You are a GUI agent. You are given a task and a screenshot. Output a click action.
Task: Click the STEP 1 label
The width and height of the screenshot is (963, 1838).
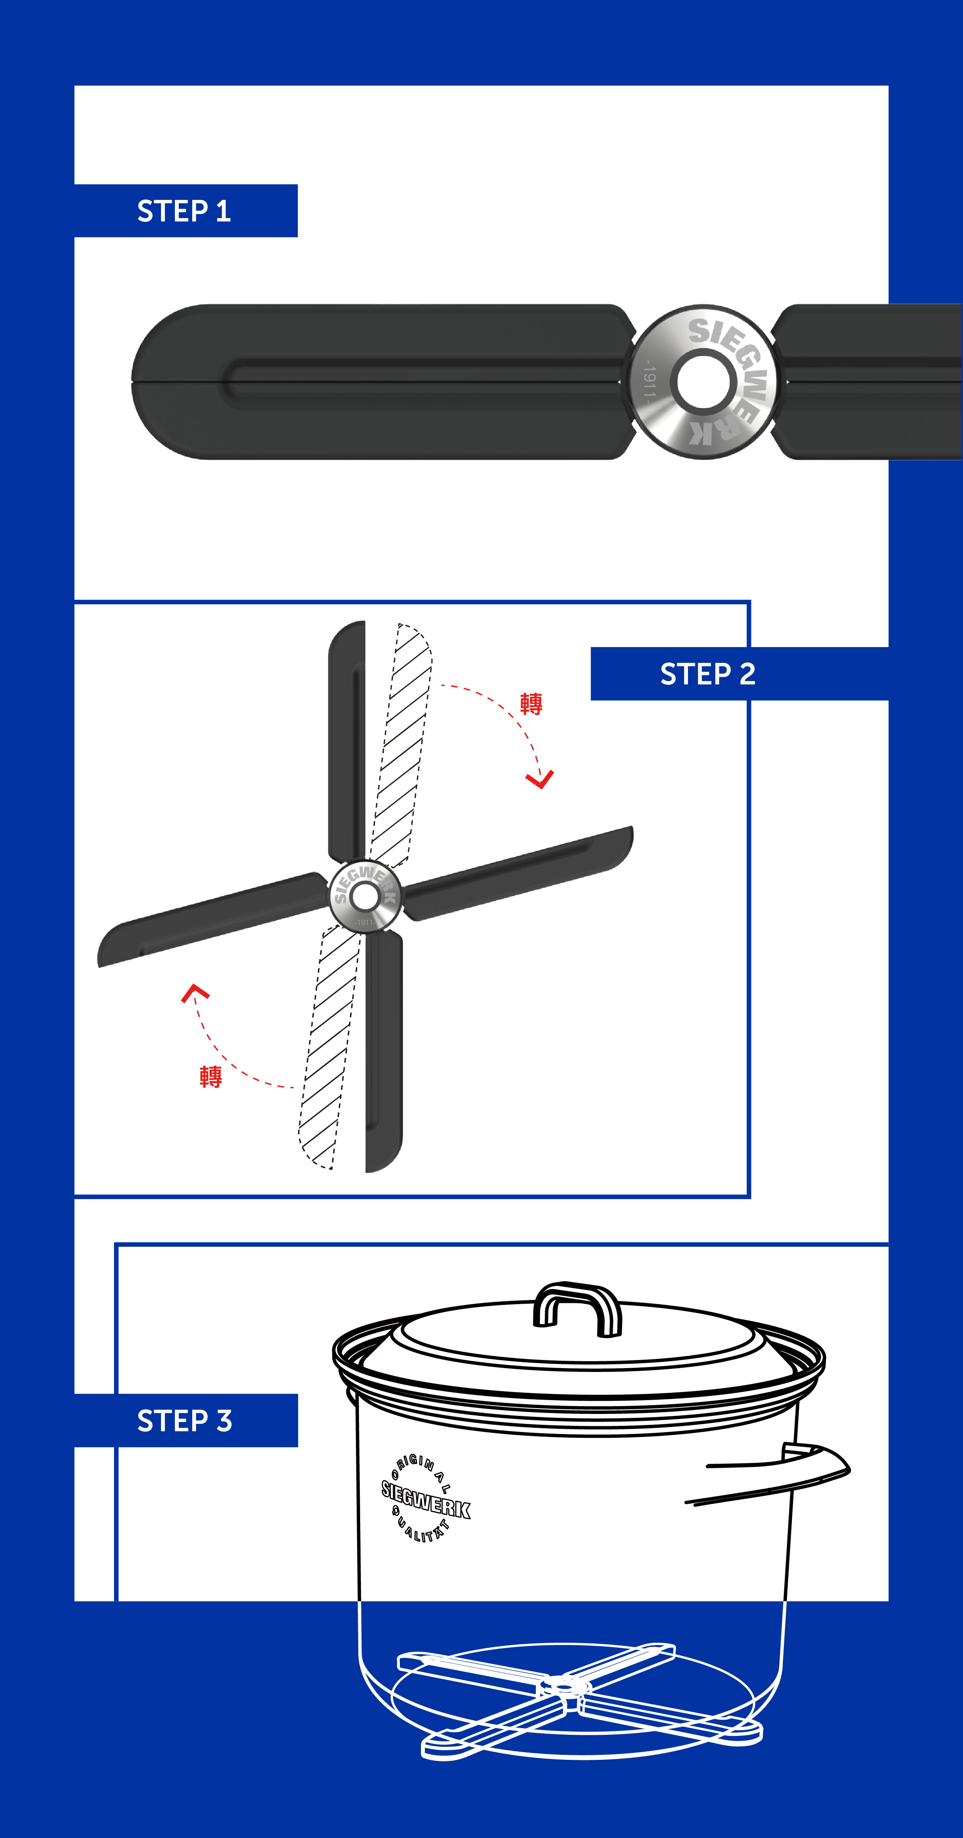184,211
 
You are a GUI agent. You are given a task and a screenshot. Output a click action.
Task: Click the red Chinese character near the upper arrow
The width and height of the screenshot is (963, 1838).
531,704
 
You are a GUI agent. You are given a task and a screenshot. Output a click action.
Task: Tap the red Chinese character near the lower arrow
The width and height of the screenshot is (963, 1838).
210,1077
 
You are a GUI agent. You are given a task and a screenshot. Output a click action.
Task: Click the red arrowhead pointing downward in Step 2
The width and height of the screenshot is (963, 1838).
540,780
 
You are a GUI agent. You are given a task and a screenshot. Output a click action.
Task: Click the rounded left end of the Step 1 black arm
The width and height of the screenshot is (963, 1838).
153,382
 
